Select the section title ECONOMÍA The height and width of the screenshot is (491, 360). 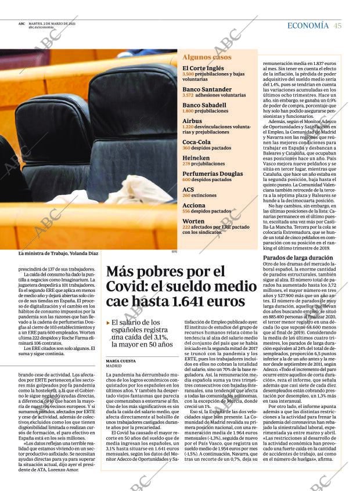click(308, 26)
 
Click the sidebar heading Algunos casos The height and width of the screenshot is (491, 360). click(207, 57)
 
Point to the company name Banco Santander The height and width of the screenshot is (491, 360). click(207, 89)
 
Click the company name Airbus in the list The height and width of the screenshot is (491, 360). click(192, 121)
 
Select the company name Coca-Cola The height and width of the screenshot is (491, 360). click(197, 142)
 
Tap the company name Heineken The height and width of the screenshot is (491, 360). click(196, 158)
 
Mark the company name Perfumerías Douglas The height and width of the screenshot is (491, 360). click(213, 174)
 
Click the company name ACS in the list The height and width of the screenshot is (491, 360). click(189, 189)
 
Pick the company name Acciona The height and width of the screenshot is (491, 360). click(194, 205)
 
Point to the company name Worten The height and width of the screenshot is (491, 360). click(193, 221)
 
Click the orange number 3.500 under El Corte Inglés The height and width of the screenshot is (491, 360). click(188, 74)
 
